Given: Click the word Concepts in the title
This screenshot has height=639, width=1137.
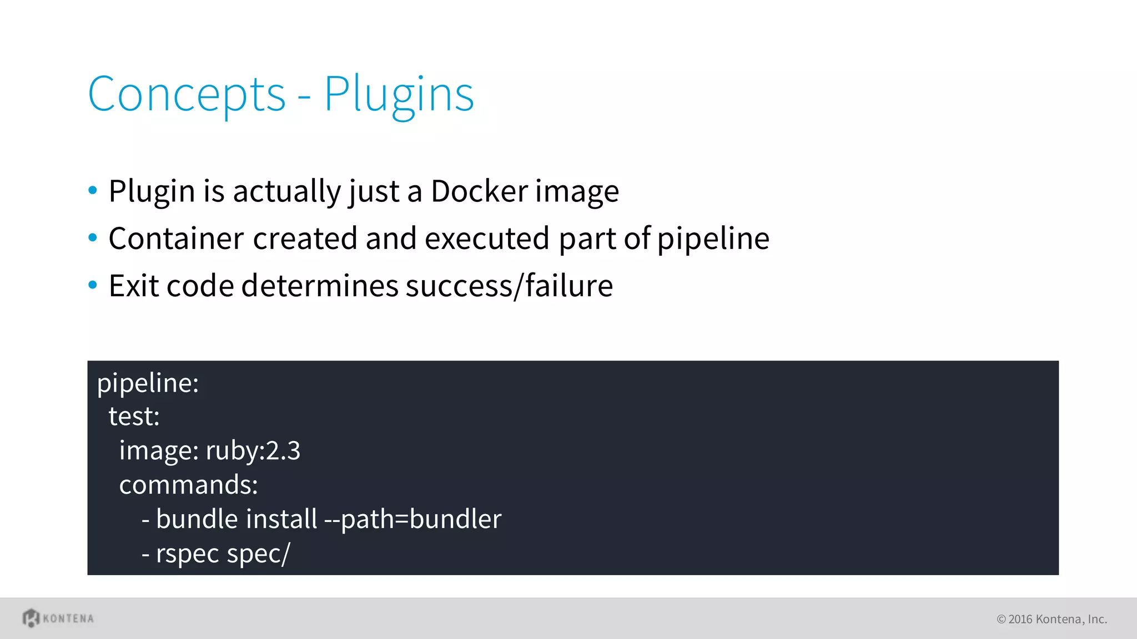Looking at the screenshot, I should tap(187, 95).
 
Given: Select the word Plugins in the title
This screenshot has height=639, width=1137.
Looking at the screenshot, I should tap(399, 95).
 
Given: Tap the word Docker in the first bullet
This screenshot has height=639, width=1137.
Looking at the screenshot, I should tap(479, 191).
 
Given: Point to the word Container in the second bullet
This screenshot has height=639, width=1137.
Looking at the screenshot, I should tap(176, 239).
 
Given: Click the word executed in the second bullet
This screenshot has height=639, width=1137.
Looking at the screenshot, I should tap(487, 239).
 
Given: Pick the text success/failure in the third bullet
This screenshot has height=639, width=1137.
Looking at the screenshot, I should tap(509, 286).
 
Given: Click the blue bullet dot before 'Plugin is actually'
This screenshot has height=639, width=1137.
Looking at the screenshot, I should tap(93, 191).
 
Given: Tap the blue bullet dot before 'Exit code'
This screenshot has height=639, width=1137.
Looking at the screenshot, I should tap(93, 285).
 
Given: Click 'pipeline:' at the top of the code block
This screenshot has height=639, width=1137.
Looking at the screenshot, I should tap(148, 383).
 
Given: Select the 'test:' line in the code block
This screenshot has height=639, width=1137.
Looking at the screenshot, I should tap(134, 416).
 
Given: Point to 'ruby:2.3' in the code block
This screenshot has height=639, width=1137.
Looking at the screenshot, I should tap(253, 450).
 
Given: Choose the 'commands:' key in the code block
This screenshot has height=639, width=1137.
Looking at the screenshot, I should tap(188, 485).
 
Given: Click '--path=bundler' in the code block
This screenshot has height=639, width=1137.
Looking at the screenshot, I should tap(412, 519).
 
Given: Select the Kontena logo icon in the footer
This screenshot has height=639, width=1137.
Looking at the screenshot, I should tap(31, 618).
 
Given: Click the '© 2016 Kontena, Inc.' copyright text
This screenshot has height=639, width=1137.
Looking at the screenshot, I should tap(1052, 619).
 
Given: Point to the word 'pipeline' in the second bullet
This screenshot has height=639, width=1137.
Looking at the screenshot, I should tap(713, 239).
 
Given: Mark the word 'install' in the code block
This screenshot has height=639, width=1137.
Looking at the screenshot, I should tap(281, 519).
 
